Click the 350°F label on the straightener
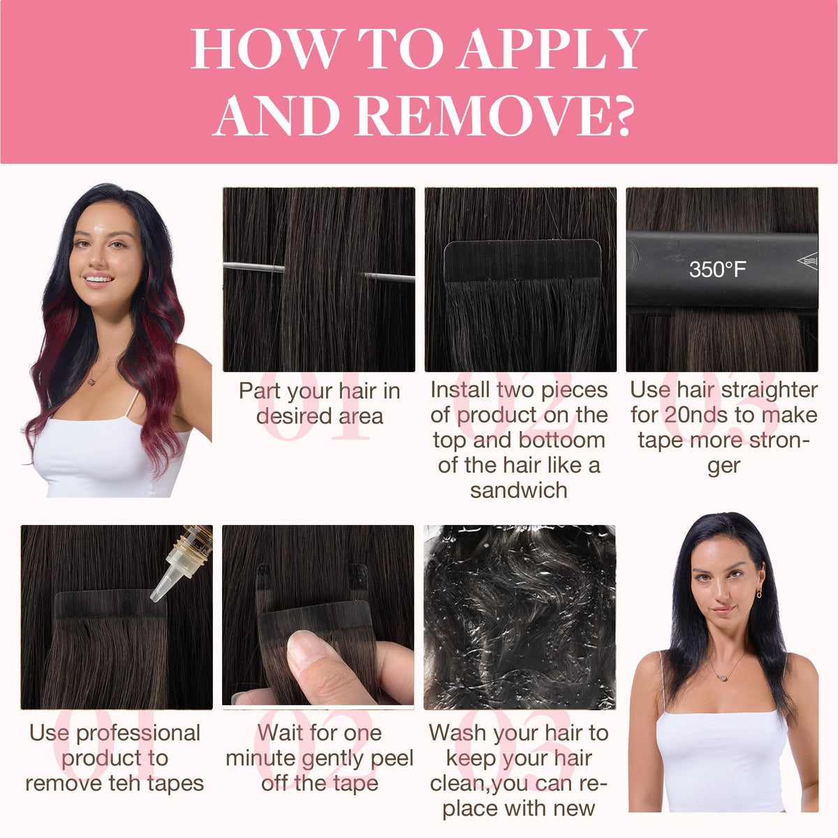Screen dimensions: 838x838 click(x=718, y=269)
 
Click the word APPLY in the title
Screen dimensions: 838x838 click(x=552, y=48)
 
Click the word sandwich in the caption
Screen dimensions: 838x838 click(x=518, y=490)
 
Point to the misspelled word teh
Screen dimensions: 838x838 click(x=126, y=784)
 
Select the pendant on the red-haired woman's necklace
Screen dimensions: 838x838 click(x=91, y=382)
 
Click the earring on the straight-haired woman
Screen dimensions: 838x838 click(x=758, y=593)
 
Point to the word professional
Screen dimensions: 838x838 click(x=138, y=734)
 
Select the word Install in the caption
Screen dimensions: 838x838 click(x=460, y=390)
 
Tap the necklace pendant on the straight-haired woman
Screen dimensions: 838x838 click(x=723, y=677)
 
